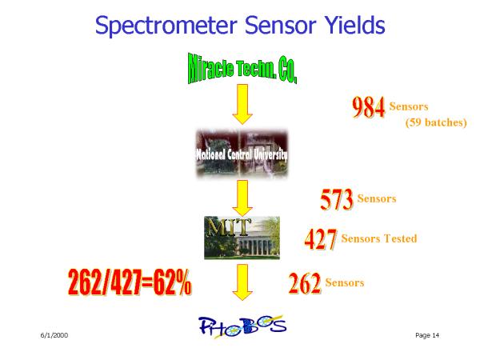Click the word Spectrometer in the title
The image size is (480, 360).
point(166,26)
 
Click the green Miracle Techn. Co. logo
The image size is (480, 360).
point(242,69)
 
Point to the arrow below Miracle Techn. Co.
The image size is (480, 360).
point(242,104)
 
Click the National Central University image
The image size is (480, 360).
point(242,154)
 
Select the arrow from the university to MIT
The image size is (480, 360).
point(242,198)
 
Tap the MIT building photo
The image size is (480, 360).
point(242,238)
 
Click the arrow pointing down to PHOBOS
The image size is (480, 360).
point(242,282)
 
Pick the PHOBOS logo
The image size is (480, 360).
point(242,326)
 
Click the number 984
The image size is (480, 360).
point(369,107)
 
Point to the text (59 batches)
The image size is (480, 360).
point(436,122)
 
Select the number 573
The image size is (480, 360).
point(337,199)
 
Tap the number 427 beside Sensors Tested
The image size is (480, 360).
point(321,239)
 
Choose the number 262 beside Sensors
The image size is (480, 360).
point(305,283)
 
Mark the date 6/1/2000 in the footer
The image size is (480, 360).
point(54,335)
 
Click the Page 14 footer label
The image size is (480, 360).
point(427,335)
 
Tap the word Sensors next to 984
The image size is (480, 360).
point(409,106)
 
